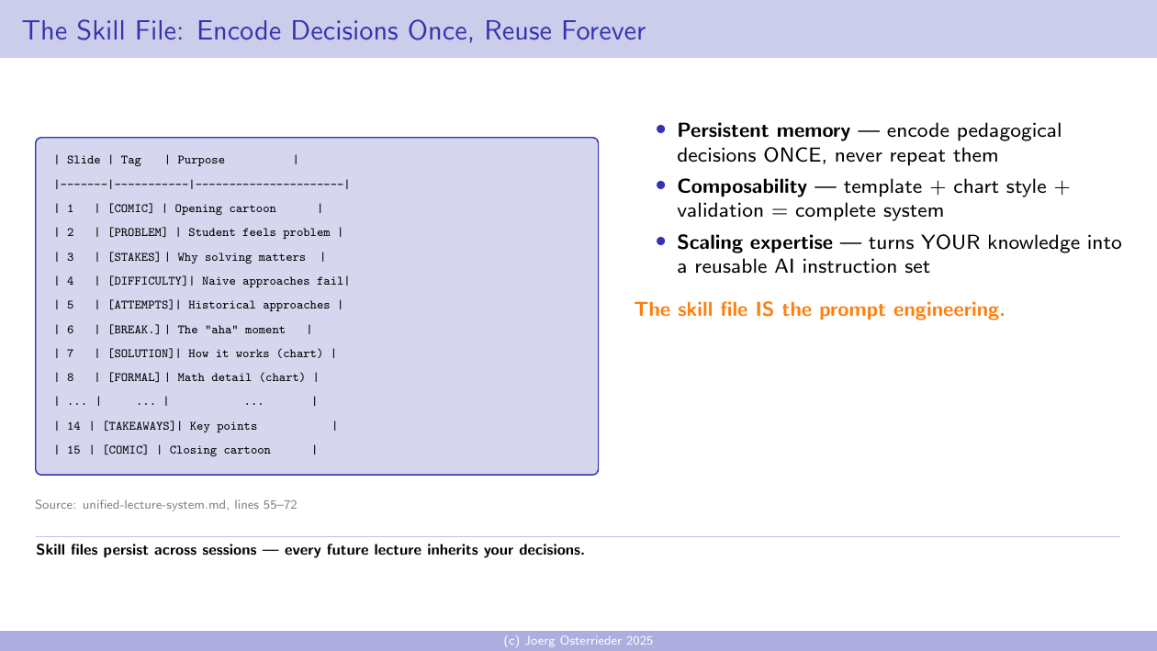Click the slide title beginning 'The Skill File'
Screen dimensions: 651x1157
click(x=333, y=31)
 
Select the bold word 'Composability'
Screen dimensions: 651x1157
click(x=741, y=187)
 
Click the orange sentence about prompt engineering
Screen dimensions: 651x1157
click(x=819, y=309)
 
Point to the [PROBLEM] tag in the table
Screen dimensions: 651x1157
click(x=138, y=233)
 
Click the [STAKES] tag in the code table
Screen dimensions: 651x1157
click(x=134, y=257)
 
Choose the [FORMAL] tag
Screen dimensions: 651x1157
click(x=134, y=377)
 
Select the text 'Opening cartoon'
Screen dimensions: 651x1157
click(x=225, y=209)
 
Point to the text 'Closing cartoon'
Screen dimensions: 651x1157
click(x=220, y=450)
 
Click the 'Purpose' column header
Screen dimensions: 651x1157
click(x=201, y=161)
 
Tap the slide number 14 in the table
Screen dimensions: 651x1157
click(x=73, y=426)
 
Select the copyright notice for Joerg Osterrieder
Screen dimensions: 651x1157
click(x=578, y=641)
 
